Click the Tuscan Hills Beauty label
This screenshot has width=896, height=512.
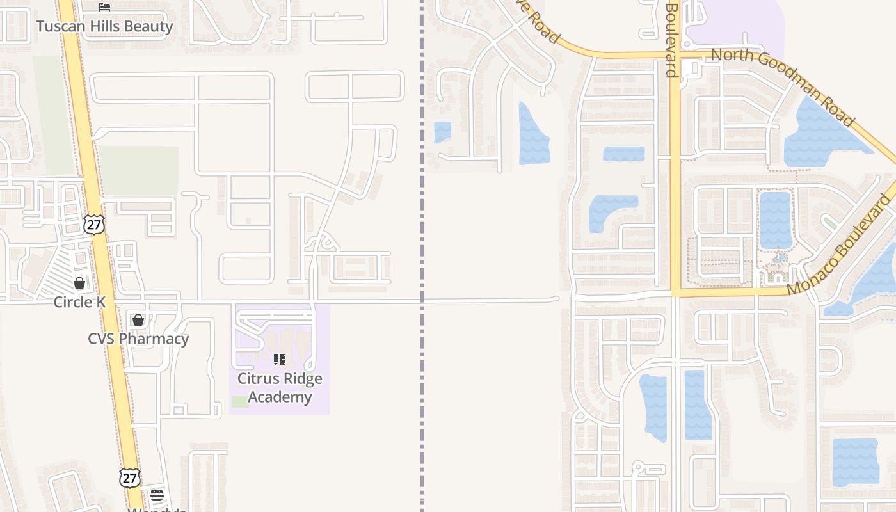[104, 26]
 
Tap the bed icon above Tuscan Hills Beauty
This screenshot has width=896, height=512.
[104, 7]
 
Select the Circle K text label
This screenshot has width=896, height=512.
[79, 302]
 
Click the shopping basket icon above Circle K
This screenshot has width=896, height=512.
[79, 282]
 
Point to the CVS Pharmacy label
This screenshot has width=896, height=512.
[138, 339]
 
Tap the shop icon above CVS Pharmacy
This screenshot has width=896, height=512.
[138, 319]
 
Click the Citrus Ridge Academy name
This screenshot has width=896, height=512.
[280, 388]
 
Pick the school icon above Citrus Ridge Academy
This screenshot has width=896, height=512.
[280, 360]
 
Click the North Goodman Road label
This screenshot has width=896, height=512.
[783, 87]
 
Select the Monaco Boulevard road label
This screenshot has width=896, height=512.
[839, 245]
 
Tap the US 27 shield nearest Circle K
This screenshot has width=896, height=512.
[93, 224]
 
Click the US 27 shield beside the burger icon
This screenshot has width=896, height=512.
[129, 477]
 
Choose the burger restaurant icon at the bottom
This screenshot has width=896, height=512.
[157, 495]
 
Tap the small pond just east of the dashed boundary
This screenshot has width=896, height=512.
[442, 132]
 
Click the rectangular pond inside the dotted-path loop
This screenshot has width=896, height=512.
[775, 220]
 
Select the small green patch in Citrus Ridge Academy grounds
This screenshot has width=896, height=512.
[240, 401]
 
